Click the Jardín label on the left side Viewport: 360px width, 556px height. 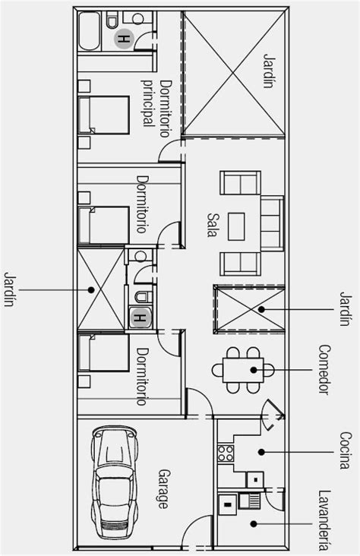(x=10, y=289)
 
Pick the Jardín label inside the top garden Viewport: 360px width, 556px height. (x=268, y=72)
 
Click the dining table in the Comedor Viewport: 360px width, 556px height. (x=242, y=370)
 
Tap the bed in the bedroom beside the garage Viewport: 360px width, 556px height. (x=106, y=358)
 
